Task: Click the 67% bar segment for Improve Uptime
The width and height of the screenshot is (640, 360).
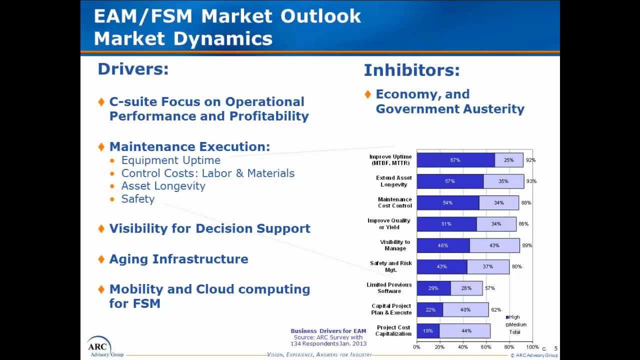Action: point(455,160)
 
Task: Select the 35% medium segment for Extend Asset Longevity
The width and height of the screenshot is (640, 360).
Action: point(503,181)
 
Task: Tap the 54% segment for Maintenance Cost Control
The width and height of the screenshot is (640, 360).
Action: point(447,202)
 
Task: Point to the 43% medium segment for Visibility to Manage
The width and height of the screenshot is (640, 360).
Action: point(494,245)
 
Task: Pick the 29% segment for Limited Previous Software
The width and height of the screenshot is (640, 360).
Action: point(433,288)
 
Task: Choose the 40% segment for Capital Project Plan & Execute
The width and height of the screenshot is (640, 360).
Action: point(465,309)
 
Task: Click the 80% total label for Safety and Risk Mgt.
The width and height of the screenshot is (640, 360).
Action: point(516,266)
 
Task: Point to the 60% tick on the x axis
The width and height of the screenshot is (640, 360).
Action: point(486,347)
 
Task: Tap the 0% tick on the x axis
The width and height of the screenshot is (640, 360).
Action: point(417,347)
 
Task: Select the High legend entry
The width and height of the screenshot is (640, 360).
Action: point(513,317)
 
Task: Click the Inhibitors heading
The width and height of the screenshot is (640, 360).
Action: point(411,70)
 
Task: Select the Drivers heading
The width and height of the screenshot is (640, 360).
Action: point(133,69)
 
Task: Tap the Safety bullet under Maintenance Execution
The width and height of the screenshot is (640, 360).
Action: point(138,198)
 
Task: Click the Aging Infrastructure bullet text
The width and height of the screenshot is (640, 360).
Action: point(178,259)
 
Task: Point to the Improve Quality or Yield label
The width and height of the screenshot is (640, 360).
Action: point(389,223)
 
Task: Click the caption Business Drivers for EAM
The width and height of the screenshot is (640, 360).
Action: point(328,330)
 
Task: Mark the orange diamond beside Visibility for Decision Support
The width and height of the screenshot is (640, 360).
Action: point(101,228)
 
